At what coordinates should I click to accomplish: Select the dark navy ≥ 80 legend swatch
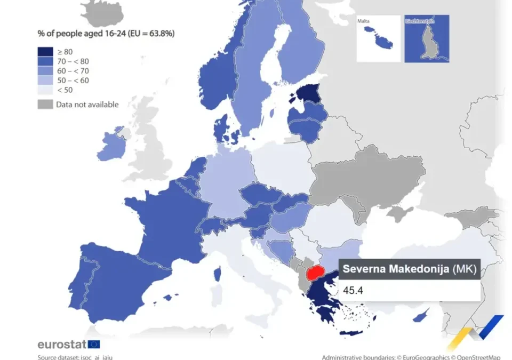tap(45, 52)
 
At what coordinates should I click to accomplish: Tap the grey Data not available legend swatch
tap(45, 105)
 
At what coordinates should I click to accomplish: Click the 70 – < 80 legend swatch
tap(45, 61)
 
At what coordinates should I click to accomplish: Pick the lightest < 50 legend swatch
tap(45, 90)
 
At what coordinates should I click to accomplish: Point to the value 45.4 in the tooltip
tap(353, 291)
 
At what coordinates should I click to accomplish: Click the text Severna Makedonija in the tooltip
tap(395, 268)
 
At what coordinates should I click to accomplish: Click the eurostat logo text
tap(61, 344)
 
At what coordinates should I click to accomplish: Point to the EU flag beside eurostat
tap(94, 344)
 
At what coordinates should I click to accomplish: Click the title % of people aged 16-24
tap(106, 33)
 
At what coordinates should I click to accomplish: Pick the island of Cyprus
tap(421, 315)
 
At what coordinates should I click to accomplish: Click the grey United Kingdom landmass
tap(152, 139)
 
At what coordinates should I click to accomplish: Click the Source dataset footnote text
tap(75, 357)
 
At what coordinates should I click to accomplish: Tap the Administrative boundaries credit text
tap(411, 357)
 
